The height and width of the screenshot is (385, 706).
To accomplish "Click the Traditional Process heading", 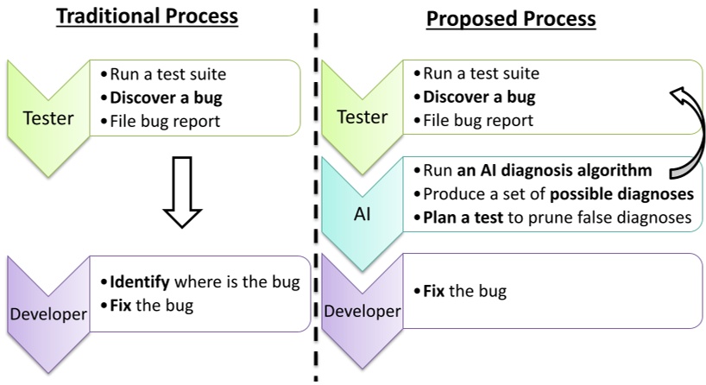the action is (x=148, y=16).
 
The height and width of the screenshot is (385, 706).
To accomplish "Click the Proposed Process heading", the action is (x=511, y=19).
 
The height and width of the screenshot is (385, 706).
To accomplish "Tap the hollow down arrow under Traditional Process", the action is (x=182, y=192).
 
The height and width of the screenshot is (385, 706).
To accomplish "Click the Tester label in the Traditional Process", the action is (x=48, y=118).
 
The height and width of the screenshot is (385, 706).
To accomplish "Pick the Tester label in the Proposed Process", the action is (x=362, y=117).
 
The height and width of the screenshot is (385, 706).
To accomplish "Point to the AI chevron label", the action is (x=362, y=214).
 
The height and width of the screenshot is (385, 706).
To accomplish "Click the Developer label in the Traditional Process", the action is (x=48, y=314).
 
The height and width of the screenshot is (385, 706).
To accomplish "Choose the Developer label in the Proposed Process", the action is (x=362, y=311).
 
